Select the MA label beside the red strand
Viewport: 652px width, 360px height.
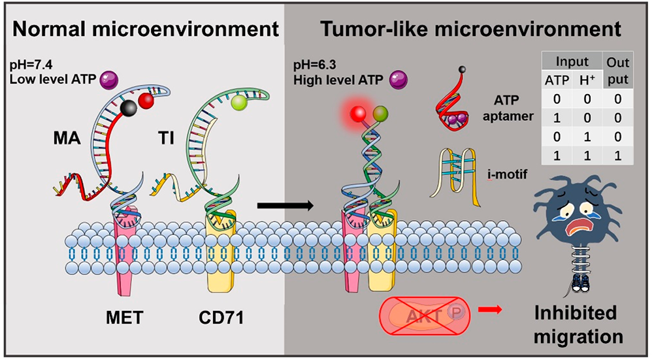click(67, 138)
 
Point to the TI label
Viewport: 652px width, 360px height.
click(167, 138)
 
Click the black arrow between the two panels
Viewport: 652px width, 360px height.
click(285, 205)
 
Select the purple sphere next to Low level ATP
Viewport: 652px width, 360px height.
click(110, 80)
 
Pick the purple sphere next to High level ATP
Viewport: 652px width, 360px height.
click(399, 80)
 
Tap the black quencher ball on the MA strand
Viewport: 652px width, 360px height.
click(128, 108)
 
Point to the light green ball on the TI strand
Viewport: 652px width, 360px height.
click(239, 102)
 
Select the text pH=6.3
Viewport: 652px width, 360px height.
click(315, 66)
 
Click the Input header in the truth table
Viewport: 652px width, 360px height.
click(572, 61)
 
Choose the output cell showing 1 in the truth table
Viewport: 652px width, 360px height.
click(617, 155)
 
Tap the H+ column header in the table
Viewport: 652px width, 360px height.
click(587, 80)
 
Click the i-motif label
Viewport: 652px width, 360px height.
click(506, 174)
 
